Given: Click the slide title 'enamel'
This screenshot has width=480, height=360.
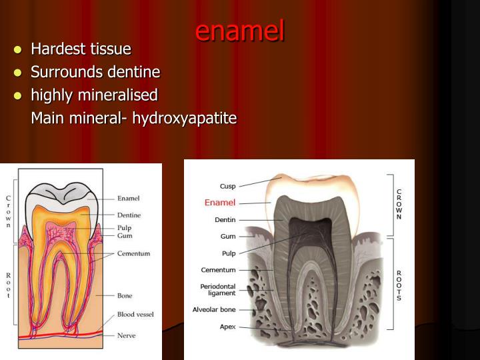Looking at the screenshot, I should click(240, 31).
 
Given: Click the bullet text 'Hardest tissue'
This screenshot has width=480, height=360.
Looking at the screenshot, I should click(81, 49).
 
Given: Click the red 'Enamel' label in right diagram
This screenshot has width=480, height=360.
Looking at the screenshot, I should click(220, 202).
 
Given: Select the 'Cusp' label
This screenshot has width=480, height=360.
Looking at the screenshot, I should click(227, 186).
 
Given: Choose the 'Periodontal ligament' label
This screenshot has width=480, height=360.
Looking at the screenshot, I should click(218, 290).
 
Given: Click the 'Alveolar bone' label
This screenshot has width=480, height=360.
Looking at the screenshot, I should click(214, 310).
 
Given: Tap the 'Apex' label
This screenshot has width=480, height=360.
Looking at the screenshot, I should click(227, 327).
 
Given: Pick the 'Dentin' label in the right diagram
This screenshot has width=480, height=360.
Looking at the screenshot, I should click(225, 219).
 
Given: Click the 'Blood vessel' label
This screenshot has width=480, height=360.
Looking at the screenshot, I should click(135, 314).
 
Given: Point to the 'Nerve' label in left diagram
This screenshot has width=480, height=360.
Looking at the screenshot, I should click(127, 335).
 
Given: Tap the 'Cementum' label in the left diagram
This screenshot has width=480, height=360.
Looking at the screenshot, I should click(133, 253).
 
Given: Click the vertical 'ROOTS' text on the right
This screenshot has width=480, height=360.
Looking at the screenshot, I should click(399, 285).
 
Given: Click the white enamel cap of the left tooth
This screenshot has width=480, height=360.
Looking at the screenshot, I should click(60, 195).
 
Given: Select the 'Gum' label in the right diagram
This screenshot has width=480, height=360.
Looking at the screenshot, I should click(228, 236).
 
